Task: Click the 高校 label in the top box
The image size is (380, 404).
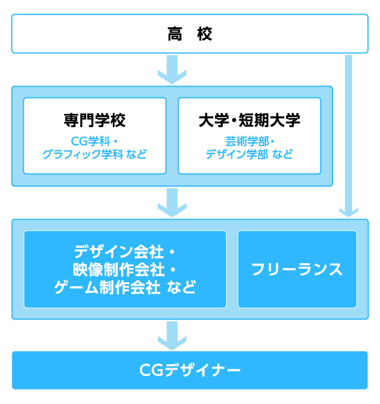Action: (x=190, y=34)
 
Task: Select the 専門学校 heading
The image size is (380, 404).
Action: (x=94, y=120)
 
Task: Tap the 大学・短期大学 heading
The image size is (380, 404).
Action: (x=249, y=120)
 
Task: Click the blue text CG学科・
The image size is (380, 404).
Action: (x=94, y=141)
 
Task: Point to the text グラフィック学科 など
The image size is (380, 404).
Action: (x=94, y=154)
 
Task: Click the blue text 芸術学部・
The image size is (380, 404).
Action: (x=249, y=141)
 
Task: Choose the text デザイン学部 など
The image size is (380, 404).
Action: (x=249, y=154)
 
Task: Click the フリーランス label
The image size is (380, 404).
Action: (x=297, y=270)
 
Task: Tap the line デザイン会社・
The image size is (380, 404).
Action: (x=125, y=252)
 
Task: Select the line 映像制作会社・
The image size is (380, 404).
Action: (x=125, y=270)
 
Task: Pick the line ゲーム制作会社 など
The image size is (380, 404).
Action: (x=125, y=288)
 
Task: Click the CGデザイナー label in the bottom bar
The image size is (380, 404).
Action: (x=190, y=370)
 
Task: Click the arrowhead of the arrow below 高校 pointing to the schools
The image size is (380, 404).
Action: (x=172, y=77)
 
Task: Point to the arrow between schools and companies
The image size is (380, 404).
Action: (x=172, y=203)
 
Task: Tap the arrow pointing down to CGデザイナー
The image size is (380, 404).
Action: (x=172, y=336)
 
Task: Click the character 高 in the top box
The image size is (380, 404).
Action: (x=175, y=34)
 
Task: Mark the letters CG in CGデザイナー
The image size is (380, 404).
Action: (x=151, y=370)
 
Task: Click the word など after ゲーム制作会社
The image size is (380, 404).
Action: (x=182, y=288)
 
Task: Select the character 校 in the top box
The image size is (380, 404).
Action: (x=205, y=34)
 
